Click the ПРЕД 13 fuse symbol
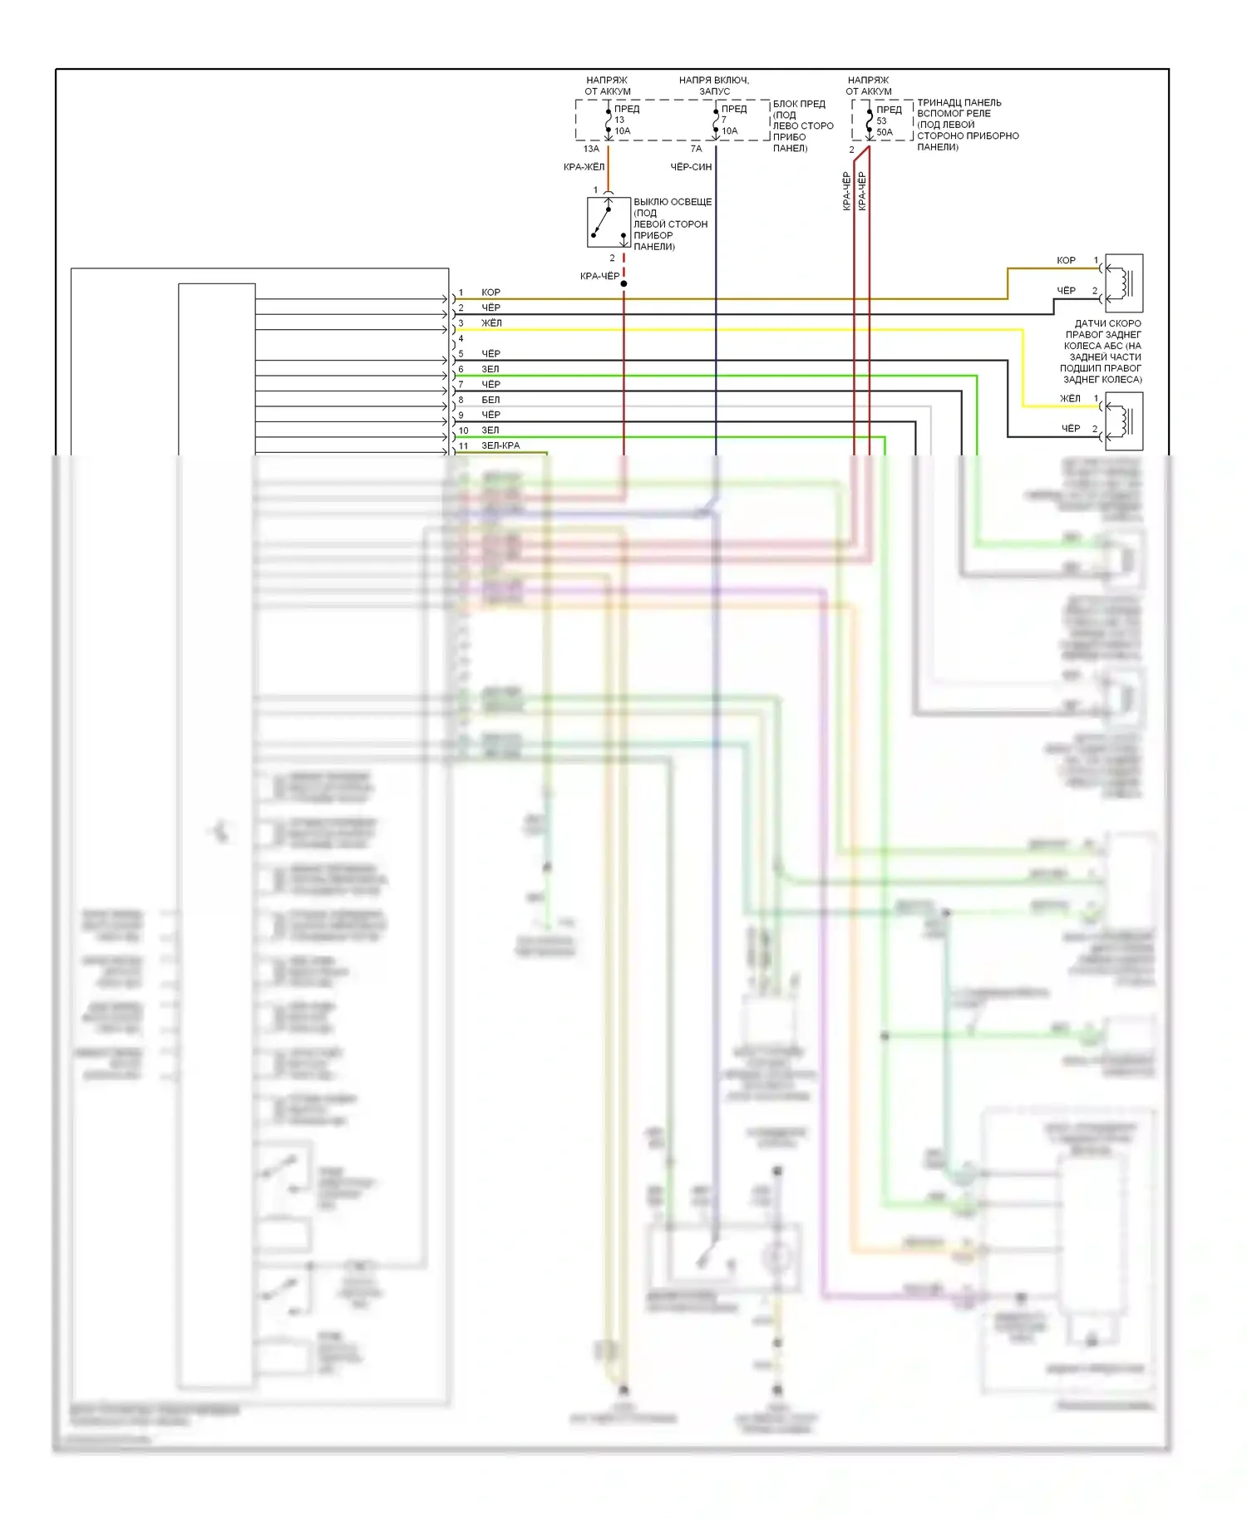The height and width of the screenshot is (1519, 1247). tap(609, 120)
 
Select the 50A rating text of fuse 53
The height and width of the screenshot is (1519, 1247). tap(885, 132)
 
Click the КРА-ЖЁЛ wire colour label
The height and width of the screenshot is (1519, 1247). tap(584, 167)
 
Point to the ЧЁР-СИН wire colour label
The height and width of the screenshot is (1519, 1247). tap(691, 167)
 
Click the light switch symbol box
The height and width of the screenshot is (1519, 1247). tap(609, 223)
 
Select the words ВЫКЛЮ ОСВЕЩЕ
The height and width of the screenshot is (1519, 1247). tap(673, 202)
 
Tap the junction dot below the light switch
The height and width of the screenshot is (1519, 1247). tap(623, 284)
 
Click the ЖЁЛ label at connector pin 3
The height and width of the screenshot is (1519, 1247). tap(491, 323)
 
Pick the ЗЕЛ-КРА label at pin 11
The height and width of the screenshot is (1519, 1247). tap(500, 446)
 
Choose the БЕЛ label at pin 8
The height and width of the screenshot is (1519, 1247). tap(490, 400)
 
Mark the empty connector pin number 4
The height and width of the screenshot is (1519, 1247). tap(461, 339)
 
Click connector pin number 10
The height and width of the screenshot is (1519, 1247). tap(463, 430)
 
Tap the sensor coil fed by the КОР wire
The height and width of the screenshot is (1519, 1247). tap(1123, 283)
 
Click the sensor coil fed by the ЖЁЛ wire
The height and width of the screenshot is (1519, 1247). tap(1123, 421)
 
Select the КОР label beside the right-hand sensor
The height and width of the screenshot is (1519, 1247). tap(1066, 261)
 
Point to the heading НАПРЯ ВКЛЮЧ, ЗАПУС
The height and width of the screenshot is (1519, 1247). tap(714, 86)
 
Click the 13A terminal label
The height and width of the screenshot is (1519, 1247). tap(591, 149)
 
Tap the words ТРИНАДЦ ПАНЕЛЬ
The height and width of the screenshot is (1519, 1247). tap(959, 103)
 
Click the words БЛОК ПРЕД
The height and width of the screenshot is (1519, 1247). tap(799, 104)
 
